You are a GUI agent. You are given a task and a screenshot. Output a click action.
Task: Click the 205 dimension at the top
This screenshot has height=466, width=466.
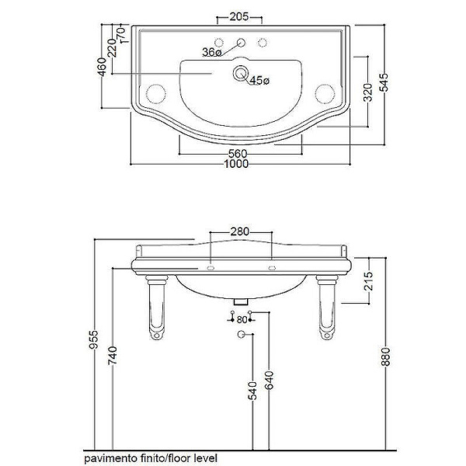239,16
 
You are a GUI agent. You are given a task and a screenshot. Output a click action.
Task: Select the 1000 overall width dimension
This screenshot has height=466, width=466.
236,164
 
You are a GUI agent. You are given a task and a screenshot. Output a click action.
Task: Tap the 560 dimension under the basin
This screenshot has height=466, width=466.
238,154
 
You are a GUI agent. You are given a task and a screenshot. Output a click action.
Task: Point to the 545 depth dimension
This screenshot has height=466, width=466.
384,82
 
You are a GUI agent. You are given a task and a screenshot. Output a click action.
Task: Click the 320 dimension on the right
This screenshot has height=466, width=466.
368,92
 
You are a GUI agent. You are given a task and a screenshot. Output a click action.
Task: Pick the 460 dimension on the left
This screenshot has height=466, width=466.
102,67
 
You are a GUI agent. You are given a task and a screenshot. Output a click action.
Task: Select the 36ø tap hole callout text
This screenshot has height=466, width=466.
212,52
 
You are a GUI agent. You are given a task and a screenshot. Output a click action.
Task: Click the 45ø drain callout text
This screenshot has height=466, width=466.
259,80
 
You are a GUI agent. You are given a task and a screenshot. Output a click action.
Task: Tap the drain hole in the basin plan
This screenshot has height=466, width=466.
240,73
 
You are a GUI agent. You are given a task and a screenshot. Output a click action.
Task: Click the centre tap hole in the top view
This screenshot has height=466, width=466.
241,43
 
